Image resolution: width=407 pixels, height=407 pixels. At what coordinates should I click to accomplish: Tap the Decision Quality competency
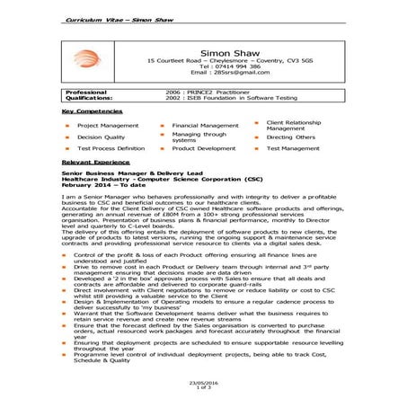[x=101, y=137]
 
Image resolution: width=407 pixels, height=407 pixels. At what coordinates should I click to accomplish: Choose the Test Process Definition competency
[x=111, y=147]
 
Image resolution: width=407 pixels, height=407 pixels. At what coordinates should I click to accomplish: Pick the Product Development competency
[x=204, y=147]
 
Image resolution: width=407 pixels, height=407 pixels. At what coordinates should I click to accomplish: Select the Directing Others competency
[x=291, y=137]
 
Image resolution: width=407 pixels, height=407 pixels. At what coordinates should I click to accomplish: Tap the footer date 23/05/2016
[x=203, y=383]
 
